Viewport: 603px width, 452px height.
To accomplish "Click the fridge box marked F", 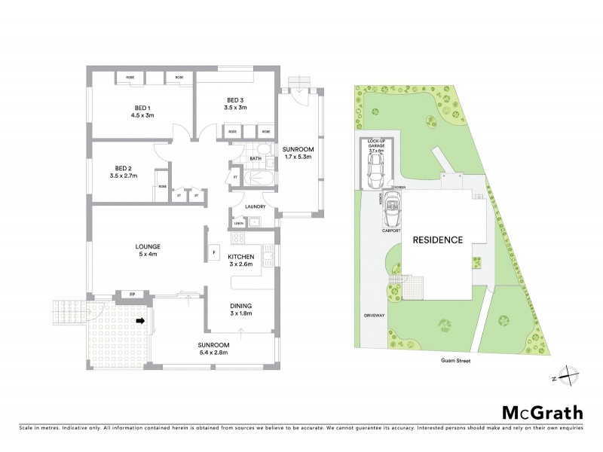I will coord(214,252).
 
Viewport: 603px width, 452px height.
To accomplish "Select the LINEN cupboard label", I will coord(239,222).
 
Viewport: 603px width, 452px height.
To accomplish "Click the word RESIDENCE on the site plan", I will coord(437,240).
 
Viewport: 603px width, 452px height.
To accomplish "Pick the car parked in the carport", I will coord(393,210).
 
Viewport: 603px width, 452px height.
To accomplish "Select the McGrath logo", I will coord(542,413).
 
